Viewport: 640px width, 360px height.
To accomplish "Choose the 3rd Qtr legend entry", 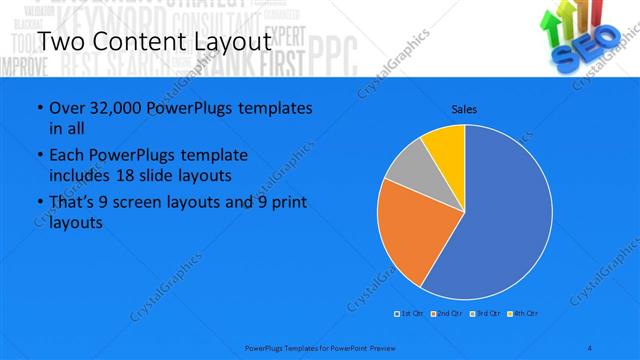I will pyautogui.click(x=486, y=314).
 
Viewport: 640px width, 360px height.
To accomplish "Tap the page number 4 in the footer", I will pyautogui.click(x=591, y=347).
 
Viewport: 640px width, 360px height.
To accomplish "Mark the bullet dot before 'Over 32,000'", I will pyautogui.click(x=39, y=108).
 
